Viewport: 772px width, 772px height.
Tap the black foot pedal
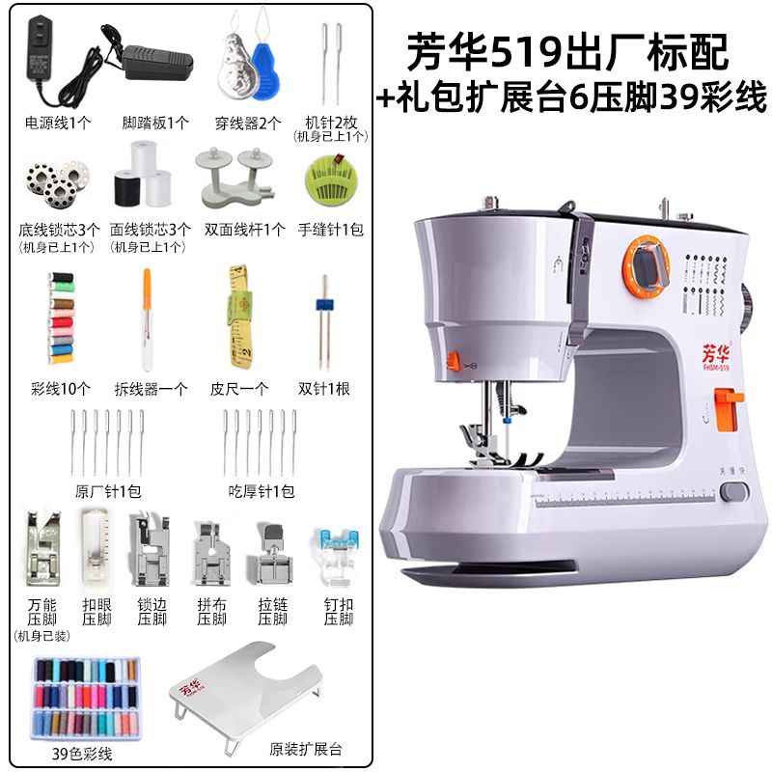pyautogui.click(x=157, y=62)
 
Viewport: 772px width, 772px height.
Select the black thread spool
pyautogui.click(x=126, y=187)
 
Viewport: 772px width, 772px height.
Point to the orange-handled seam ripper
pyautogui.click(x=147, y=319)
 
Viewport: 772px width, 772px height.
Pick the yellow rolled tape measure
pyautogui.click(x=239, y=317)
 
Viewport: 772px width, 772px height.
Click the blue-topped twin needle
pyautogui.click(x=323, y=321)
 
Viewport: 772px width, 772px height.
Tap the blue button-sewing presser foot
pyautogui.click(x=338, y=557)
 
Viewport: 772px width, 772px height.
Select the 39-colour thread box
pyautogui.click(x=87, y=697)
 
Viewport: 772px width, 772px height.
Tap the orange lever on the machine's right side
pyautogui.click(x=727, y=408)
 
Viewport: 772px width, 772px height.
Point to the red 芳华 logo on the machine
pyautogui.click(x=716, y=352)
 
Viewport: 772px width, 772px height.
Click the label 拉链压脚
pyautogui.click(x=272, y=611)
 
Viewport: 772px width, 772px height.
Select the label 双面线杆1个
pyautogui.click(x=245, y=229)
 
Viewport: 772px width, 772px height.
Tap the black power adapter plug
pyautogui.click(x=41, y=49)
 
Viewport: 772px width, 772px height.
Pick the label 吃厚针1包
pyautogui.click(x=261, y=490)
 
